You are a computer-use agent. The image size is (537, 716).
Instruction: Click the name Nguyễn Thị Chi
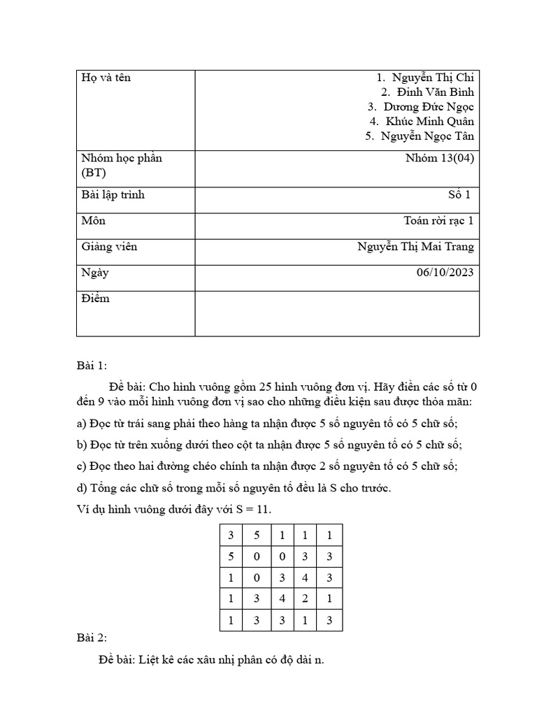coord(433,78)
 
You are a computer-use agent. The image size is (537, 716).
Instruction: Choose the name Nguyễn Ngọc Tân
coord(428,136)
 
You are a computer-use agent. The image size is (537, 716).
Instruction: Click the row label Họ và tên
coord(106,78)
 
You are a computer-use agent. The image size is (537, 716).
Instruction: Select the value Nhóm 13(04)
coord(439,158)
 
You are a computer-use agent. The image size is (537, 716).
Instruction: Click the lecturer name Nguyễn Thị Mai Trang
coord(415,246)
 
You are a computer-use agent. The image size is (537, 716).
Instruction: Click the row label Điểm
coord(95,299)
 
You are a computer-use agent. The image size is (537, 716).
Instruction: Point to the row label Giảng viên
coord(109,246)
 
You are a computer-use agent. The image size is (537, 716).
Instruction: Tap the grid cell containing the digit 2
coord(305,600)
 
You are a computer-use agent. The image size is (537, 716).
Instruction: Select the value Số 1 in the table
coord(461,194)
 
